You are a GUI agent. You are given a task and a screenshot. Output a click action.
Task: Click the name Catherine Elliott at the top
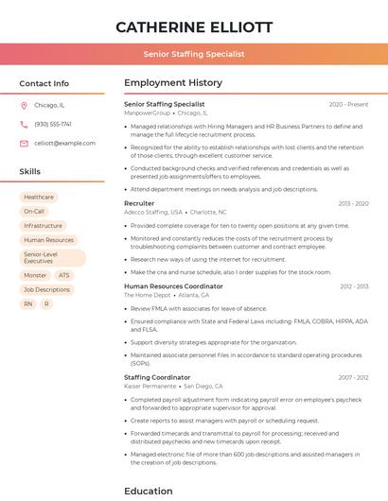click(x=194, y=26)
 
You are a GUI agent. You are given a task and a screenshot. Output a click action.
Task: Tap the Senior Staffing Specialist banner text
click(x=194, y=54)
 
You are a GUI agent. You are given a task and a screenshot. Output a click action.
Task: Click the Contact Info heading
click(x=44, y=83)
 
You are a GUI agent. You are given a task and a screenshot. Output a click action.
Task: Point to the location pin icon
click(x=24, y=105)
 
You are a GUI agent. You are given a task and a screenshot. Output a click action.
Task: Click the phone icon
click(x=24, y=124)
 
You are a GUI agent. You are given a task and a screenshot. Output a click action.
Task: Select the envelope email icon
click(x=24, y=143)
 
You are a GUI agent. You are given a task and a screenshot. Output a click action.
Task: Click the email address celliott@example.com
click(x=64, y=143)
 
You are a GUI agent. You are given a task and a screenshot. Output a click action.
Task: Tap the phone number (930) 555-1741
click(x=53, y=124)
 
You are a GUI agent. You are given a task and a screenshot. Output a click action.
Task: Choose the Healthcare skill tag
click(x=39, y=197)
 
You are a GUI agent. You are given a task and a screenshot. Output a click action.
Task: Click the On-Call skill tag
click(x=34, y=211)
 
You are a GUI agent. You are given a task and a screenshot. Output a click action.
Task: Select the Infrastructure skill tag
click(x=44, y=226)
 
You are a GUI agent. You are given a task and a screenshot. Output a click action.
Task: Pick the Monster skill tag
click(x=35, y=275)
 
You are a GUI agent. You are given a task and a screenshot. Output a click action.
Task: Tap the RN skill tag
click(x=27, y=303)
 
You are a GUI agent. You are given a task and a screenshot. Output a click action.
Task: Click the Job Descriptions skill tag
click(x=46, y=289)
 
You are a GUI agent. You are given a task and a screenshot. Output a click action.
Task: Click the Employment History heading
click(x=173, y=83)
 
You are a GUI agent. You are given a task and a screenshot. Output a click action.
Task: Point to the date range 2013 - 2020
click(x=353, y=203)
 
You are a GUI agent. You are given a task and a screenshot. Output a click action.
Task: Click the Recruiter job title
click(x=139, y=203)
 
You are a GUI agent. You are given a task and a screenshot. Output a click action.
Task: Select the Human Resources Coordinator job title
click(x=173, y=285)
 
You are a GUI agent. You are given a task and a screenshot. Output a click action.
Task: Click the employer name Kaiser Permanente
click(x=150, y=386)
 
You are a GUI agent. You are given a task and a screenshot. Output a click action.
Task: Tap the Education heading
click(x=149, y=491)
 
